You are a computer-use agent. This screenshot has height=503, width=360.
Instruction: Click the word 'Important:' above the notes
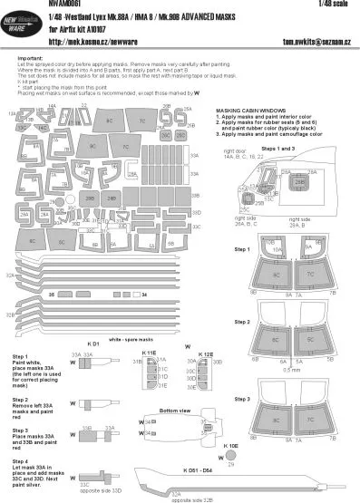coord(30,56)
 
